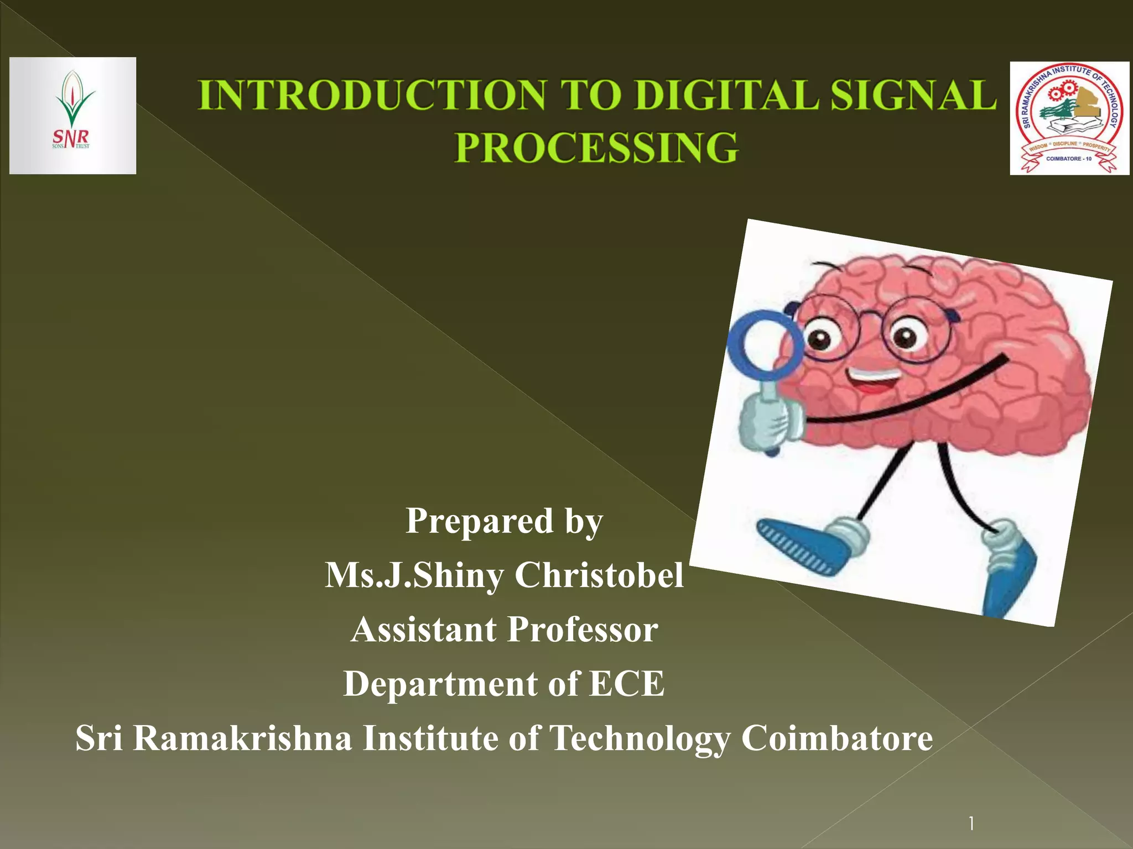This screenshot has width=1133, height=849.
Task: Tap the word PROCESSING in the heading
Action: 596,148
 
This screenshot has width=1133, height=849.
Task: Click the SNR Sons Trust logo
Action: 72,116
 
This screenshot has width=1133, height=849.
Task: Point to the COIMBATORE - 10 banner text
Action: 1069,159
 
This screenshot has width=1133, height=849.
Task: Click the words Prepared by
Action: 504,521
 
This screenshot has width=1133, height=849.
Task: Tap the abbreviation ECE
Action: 626,683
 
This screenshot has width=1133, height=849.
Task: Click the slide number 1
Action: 971,824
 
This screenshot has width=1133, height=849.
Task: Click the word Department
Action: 440,683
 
